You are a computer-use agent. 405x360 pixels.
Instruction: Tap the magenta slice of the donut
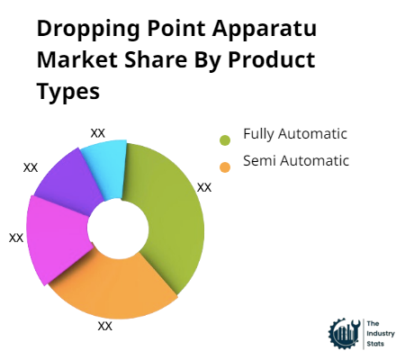click(x=56, y=236)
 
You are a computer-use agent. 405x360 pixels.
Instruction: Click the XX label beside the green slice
click(x=204, y=187)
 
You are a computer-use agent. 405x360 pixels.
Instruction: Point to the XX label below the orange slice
click(x=104, y=326)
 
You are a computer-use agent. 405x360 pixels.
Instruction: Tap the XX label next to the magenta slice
click(x=16, y=238)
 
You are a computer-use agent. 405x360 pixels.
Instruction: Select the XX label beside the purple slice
click(x=31, y=167)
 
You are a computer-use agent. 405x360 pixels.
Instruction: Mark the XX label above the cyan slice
click(x=98, y=132)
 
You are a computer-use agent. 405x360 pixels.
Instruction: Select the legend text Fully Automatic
click(x=294, y=134)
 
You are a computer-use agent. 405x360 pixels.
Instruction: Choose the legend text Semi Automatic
click(x=295, y=161)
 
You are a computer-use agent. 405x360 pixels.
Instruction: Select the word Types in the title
click(x=68, y=92)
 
